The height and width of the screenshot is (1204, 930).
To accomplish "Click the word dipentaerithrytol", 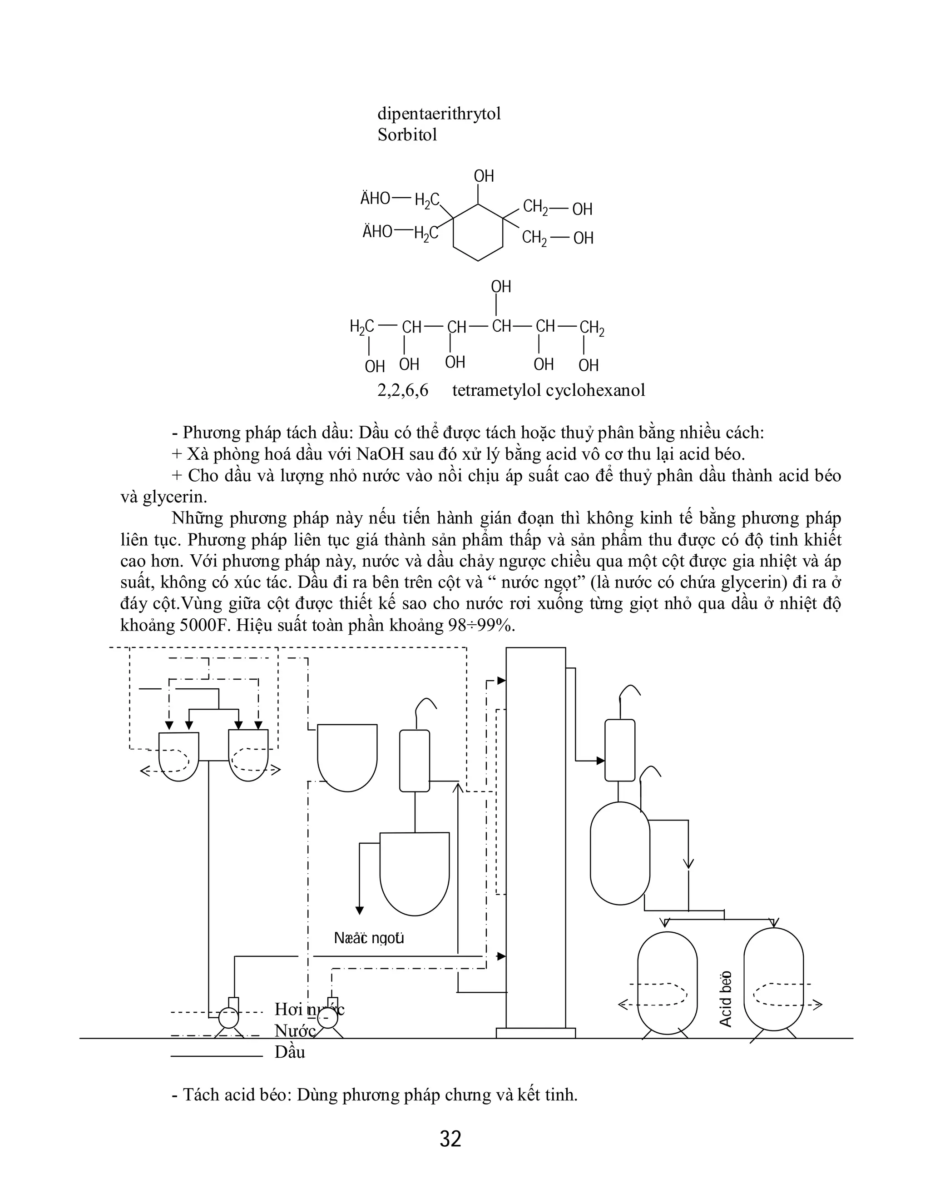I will pyautogui.click(x=439, y=114).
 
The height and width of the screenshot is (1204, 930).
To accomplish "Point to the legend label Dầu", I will pyautogui.click(x=290, y=1052).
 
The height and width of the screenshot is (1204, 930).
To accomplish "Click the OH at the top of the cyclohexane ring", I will pyautogui.click(x=484, y=176).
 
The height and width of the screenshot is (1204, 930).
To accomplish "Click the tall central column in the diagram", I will pyautogui.click(x=535, y=838).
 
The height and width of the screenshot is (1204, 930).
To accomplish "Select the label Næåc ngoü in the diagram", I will pyautogui.click(x=369, y=938).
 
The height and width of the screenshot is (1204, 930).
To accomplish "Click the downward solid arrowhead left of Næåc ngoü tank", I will pyautogui.click(x=360, y=910).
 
